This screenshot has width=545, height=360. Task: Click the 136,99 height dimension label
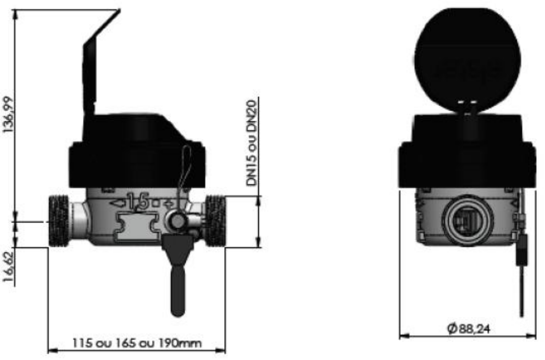click(9, 114)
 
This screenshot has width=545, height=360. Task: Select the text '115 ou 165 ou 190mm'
click(137, 343)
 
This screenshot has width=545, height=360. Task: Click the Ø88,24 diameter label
click(468, 328)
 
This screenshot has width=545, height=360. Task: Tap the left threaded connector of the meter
click(58, 221)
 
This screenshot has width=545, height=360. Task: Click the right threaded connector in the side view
click(215, 221)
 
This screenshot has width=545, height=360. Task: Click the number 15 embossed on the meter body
click(138, 201)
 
